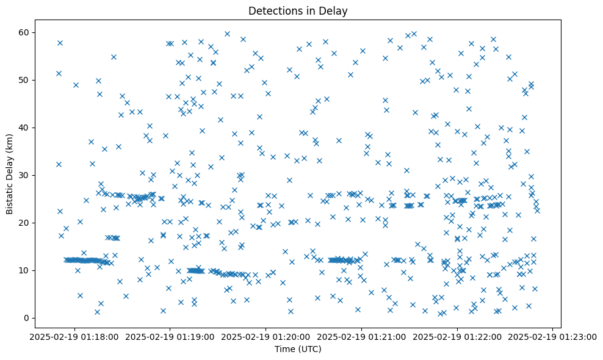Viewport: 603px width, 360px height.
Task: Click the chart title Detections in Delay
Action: tap(298, 10)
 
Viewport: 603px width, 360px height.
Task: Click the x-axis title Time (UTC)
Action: tap(298, 349)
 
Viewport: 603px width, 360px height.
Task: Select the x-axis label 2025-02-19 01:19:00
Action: tap(170, 337)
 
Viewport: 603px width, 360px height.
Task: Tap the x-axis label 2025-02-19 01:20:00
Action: tap(266, 337)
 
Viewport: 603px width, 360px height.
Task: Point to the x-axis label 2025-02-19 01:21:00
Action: tap(362, 337)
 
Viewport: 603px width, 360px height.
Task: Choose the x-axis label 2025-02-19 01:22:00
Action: tap(457, 337)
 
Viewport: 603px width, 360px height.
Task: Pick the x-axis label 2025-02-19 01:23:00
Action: tap(553, 337)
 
